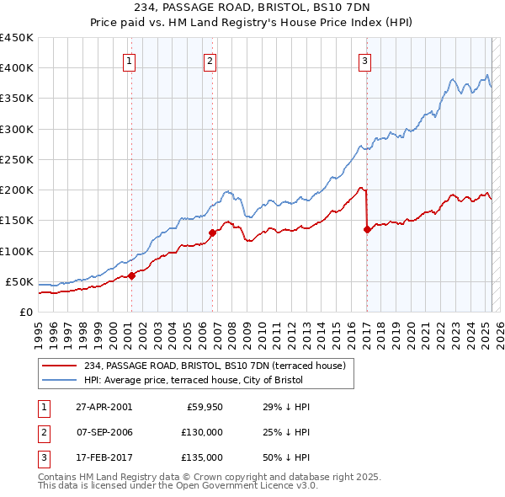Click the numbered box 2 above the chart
[210, 61]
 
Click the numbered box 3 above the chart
[364, 61]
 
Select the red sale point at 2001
[131, 275]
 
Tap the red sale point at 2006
[212, 232]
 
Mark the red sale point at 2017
[367, 229]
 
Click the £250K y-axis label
[16, 159]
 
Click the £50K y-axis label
[19, 281]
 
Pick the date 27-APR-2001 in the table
[104, 407]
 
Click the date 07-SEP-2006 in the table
[104, 432]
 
